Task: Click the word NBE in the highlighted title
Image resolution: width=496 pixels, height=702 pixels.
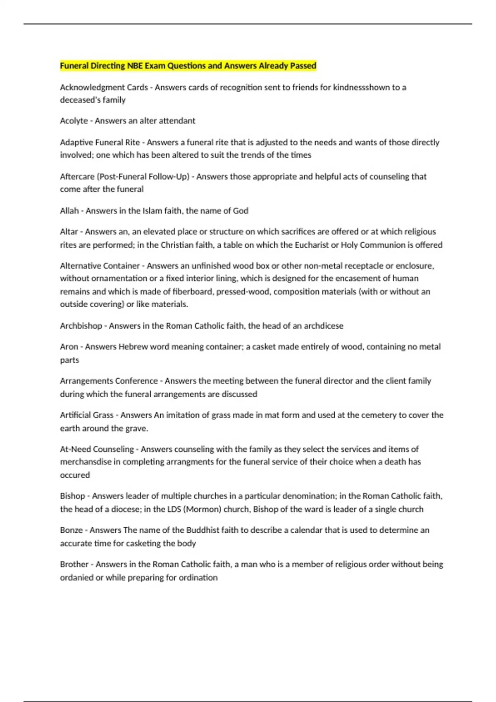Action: pos(135,66)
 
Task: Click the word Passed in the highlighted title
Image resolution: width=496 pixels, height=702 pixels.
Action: pos(303,66)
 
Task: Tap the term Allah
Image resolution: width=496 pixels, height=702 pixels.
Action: pos(69,211)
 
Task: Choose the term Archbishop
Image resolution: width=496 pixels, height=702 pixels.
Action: pos(81,326)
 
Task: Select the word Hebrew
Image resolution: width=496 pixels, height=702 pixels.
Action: pos(133,347)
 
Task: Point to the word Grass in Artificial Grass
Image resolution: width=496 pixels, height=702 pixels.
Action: pos(103,415)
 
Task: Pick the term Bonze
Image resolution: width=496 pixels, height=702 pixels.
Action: pos(71,530)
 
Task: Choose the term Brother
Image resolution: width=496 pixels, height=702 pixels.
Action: pos(74,564)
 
